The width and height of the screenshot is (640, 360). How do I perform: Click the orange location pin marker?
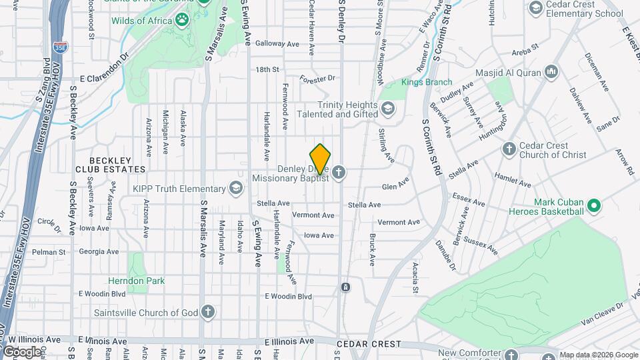tap(321, 159)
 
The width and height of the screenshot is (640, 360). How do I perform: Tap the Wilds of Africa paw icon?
tap(182, 21)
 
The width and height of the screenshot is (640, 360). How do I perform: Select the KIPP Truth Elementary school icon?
tap(235, 189)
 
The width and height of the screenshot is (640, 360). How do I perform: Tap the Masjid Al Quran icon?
tap(551, 71)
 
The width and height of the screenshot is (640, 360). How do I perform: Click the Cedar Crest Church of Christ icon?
tap(509, 149)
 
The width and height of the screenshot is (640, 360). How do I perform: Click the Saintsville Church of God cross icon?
tap(208, 312)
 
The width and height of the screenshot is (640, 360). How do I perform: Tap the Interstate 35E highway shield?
tap(59, 47)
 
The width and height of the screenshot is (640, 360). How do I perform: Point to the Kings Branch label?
tap(427, 83)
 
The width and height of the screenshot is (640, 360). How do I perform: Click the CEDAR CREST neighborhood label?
tap(369, 344)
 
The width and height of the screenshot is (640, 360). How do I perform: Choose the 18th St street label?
tap(267, 69)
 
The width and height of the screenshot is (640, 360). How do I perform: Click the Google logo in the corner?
tap(21, 351)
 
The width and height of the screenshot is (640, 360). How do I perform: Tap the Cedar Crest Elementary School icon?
tap(535, 7)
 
